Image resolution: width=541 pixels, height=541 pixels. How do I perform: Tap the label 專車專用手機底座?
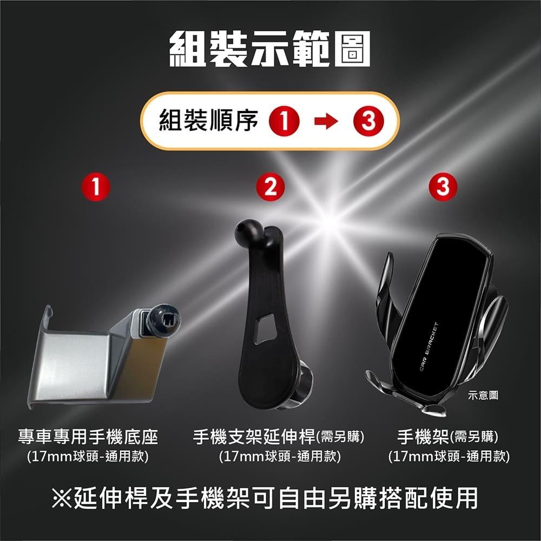88,436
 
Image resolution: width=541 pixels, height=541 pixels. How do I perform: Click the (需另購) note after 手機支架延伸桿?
339,436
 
